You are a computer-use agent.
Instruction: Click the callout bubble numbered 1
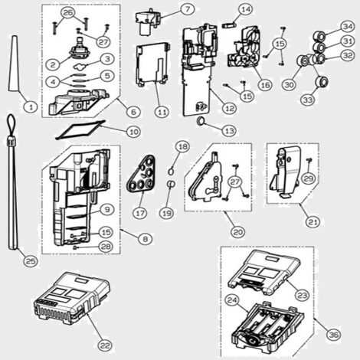point(31,106)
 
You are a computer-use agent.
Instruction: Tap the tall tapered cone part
point(14,64)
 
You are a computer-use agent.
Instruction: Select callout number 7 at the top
point(188,9)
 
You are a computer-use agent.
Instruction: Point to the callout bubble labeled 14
point(246,9)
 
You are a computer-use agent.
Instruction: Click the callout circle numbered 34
point(348,26)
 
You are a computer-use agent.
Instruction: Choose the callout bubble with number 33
point(308,100)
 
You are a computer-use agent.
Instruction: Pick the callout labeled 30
point(290,84)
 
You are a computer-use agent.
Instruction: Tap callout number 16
point(265,84)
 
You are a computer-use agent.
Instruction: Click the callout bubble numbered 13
point(229,131)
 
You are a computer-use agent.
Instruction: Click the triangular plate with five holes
point(141,173)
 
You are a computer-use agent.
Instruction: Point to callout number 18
point(183,147)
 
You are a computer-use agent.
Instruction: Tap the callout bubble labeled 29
point(309,178)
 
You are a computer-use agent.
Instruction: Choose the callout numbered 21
point(313,221)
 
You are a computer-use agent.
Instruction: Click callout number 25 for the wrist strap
point(31,260)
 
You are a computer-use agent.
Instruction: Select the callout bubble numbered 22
point(105,345)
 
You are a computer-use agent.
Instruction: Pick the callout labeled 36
point(334,335)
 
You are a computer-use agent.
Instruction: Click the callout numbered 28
point(106,247)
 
